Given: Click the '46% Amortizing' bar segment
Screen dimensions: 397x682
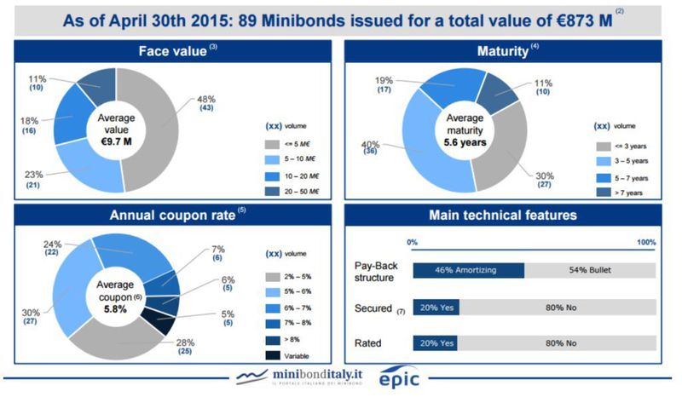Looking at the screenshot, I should coord(468,270).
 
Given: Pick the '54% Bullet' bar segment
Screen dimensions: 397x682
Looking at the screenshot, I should coord(589,270).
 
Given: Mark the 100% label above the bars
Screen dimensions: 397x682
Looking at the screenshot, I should coord(646,243).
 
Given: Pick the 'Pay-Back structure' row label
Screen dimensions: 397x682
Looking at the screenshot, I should coord(374,270).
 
